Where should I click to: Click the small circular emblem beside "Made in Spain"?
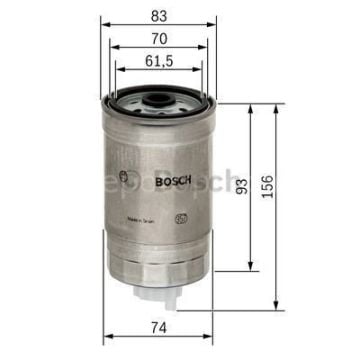point(181,215)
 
